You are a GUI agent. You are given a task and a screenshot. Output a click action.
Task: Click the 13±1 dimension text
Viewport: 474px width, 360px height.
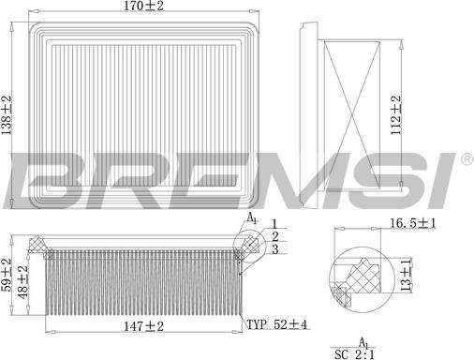tap(406, 277)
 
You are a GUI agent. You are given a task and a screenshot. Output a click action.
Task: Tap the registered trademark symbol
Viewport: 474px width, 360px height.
tap(466, 161)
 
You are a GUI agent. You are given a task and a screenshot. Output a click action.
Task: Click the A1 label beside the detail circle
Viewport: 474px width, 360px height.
tap(251, 218)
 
